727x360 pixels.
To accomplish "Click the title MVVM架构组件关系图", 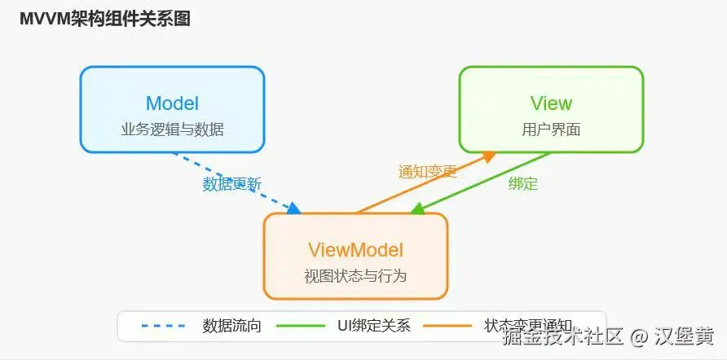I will point(105,20).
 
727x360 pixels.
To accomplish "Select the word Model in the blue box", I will point(172,103).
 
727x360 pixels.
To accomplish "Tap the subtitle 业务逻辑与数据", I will point(172,130).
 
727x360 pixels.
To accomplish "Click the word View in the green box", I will point(551,103).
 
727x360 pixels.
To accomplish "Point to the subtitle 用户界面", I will point(551,130).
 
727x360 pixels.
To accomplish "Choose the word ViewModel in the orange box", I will point(355,249).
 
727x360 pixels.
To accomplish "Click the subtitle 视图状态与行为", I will point(355,275).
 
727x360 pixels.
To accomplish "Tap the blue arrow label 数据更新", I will point(232,184).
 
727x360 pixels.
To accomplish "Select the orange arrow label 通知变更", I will point(428,172).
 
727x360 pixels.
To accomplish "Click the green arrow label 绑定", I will point(523,183).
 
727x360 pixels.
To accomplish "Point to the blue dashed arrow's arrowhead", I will point(294,209).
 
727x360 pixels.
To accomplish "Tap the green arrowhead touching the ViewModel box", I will point(417,209).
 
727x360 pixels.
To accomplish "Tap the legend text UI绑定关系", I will point(373,327).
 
